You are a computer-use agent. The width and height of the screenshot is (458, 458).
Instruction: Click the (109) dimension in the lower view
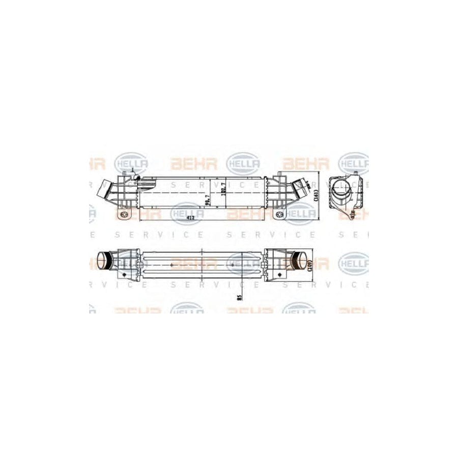coord(309,264)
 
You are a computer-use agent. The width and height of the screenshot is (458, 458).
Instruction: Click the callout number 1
coord(132,170)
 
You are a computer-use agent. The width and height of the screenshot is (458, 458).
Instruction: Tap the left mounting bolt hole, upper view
coord(124,215)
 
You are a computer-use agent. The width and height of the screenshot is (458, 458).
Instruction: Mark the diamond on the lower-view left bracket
coord(123,274)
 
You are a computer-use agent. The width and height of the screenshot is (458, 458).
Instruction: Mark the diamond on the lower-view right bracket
coord(278,274)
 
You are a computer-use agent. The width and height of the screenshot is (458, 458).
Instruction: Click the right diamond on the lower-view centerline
coord(233,265)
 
